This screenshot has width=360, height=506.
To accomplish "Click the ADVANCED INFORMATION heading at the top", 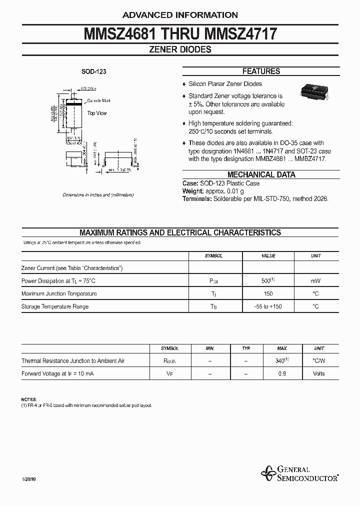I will (180, 15).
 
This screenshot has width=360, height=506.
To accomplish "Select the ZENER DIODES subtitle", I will (180, 49).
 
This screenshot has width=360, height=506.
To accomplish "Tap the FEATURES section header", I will (261, 71).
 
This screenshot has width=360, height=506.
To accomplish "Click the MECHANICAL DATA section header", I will (261, 175).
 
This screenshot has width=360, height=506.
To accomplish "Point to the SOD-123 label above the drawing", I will (94, 72).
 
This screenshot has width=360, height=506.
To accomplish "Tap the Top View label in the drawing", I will (97, 113).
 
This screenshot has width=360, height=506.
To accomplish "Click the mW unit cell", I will (315, 281).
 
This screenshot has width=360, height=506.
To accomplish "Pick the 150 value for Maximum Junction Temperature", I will (268, 294).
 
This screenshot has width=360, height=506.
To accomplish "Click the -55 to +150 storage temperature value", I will (268, 306).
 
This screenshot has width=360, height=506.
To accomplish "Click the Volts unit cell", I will (318, 374).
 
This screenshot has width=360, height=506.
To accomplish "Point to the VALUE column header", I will (268, 256).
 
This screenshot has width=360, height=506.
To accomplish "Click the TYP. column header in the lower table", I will (245, 348).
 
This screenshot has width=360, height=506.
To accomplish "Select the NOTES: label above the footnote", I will (29, 399).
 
